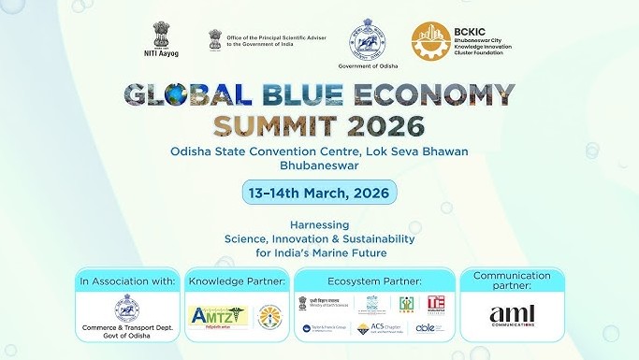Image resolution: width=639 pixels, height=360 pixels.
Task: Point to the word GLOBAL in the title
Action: [x=186, y=96]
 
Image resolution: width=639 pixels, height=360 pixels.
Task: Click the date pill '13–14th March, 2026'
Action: [x=319, y=194]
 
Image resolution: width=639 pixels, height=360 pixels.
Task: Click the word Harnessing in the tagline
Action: [x=319, y=225]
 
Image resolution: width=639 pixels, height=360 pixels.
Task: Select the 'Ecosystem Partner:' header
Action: [x=374, y=280]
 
